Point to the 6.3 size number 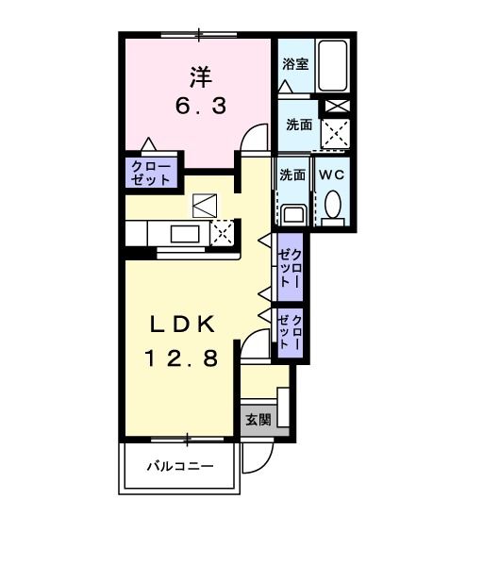tap(199, 106)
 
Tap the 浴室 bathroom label tap(295, 64)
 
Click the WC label tap(330, 175)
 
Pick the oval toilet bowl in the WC tap(332, 204)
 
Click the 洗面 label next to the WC tap(292, 175)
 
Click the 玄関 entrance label tap(258, 419)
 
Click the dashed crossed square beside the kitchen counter tap(224, 232)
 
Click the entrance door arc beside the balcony tap(254, 459)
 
